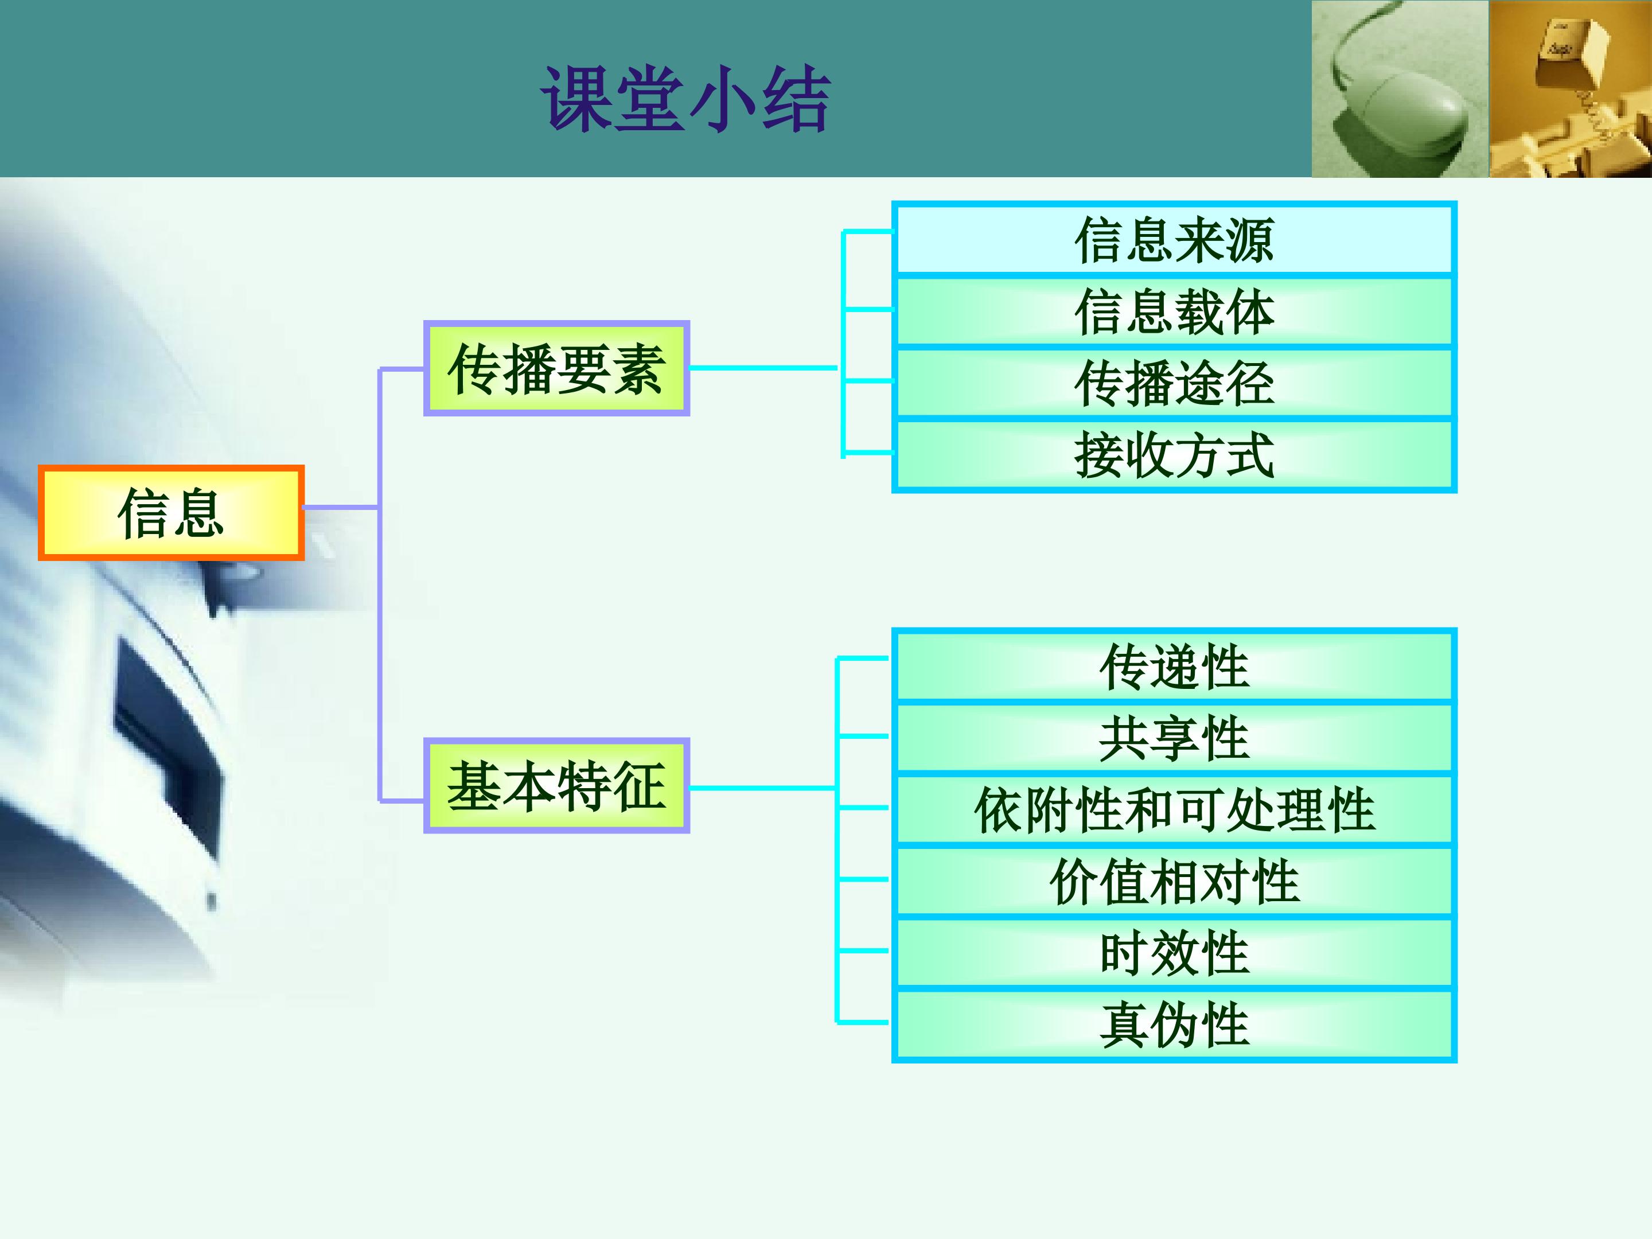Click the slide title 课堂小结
[685, 99]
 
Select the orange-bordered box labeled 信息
[171, 512]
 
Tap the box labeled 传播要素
[556, 368]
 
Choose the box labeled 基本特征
[556, 786]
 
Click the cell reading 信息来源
[1174, 240]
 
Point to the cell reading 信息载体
[1174, 311]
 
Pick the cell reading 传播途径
[1174, 383]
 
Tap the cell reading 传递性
[1174, 666]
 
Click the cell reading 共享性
[1174, 738]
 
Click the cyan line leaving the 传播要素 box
[764, 368]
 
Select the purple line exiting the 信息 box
[341, 508]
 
